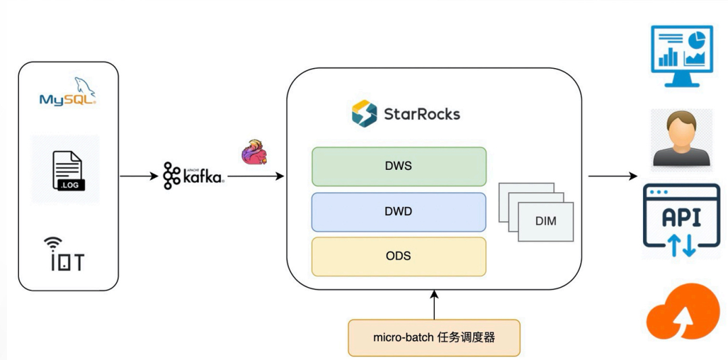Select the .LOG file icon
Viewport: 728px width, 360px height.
click(x=67, y=170)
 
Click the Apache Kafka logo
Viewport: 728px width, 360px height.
click(x=193, y=176)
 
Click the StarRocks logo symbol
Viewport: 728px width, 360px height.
click(x=365, y=113)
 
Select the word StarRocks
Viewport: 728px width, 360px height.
click(x=422, y=113)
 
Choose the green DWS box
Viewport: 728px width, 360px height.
click(x=398, y=167)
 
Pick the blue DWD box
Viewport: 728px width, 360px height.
click(x=398, y=212)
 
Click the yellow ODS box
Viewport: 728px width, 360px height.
click(x=398, y=256)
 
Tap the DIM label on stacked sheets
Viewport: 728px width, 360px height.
click(x=546, y=220)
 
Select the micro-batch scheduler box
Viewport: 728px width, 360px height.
click(x=434, y=337)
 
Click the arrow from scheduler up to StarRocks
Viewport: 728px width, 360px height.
click(x=434, y=304)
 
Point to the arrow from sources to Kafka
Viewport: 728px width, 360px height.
click(x=140, y=177)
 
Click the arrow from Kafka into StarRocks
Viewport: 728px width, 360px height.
click(x=256, y=177)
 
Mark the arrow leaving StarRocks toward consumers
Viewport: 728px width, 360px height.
click(x=612, y=177)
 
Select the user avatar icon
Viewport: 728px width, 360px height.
click(x=681, y=140)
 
